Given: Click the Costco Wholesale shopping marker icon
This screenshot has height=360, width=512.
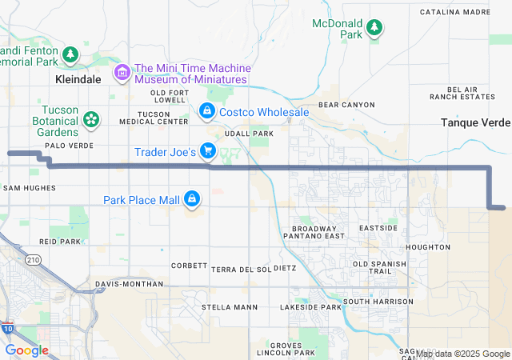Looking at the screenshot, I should coord(207,110).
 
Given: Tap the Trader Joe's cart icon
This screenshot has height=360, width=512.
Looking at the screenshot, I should coord(208,150).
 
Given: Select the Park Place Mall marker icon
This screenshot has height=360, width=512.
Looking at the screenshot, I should coord(192,198).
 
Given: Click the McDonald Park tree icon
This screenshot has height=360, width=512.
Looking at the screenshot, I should coord(374,30).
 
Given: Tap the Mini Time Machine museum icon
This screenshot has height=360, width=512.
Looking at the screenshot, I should coord(122,73).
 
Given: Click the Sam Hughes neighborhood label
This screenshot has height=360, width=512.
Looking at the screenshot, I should coord(30,188).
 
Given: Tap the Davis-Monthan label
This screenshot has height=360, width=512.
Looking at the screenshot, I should coord(128,284).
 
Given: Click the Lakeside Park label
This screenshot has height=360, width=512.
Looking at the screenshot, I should coord(310,307).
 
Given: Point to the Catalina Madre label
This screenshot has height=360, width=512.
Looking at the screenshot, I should coord(454,13).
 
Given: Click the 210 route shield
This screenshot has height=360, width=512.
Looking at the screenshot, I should coord(33,260).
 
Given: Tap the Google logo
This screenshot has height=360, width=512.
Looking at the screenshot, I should coord(27,350).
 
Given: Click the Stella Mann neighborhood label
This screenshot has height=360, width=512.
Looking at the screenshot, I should coord(230,307).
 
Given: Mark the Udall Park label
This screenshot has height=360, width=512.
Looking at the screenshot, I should coord(249,134).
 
